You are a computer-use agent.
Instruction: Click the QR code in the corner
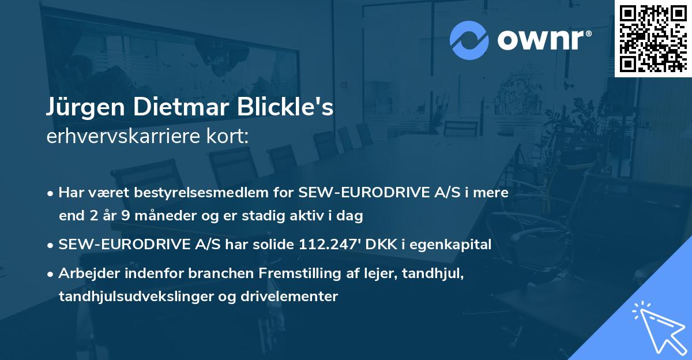coord(652,38)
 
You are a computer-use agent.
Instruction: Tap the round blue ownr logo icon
coord(469,40)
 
